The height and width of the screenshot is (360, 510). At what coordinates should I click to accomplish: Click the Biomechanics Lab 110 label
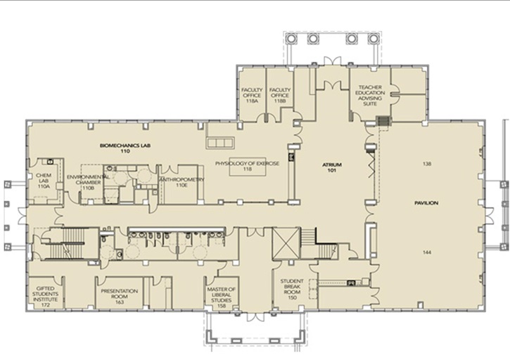pos(125,148)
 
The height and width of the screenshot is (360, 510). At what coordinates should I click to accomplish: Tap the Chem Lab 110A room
pos(44,181)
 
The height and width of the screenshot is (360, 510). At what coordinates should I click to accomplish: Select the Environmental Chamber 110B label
pos(88,182)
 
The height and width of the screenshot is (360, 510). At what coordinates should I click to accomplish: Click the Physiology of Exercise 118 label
pos(247,166)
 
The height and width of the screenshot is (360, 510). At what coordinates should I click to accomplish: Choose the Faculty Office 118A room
pos(252,95)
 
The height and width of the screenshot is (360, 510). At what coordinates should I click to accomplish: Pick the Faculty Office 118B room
pos(280,95)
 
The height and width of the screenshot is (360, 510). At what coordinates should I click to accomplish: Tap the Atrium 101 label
pos(332,167)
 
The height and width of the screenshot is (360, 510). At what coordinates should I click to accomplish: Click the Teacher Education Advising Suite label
pos(370,96)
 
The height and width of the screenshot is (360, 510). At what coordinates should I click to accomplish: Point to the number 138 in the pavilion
pos(427,164)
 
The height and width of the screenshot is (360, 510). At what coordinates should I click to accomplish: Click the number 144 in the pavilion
pos(427,252)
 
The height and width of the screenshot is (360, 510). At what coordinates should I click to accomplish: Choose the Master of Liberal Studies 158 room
pos(222,293)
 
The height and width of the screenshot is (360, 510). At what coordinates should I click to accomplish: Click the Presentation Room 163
pos(120,292)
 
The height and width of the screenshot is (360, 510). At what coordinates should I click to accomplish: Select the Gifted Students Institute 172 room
pos(46,292)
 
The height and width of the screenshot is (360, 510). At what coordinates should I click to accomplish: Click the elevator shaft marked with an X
pos(286,243)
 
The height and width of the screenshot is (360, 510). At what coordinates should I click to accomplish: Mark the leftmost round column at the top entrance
pos(290,39)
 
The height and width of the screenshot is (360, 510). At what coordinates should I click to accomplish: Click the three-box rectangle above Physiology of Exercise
pos(219,143)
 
